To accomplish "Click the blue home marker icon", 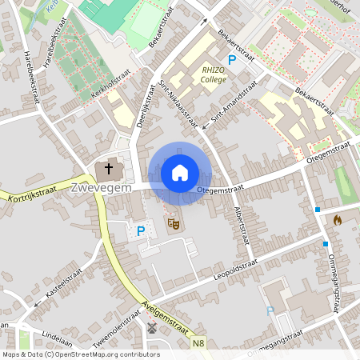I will [x=179, y=172].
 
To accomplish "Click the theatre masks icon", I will [x=171, y=224].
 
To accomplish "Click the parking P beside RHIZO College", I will [x=233, y=59].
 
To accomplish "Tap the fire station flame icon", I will [x=337, y=218].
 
